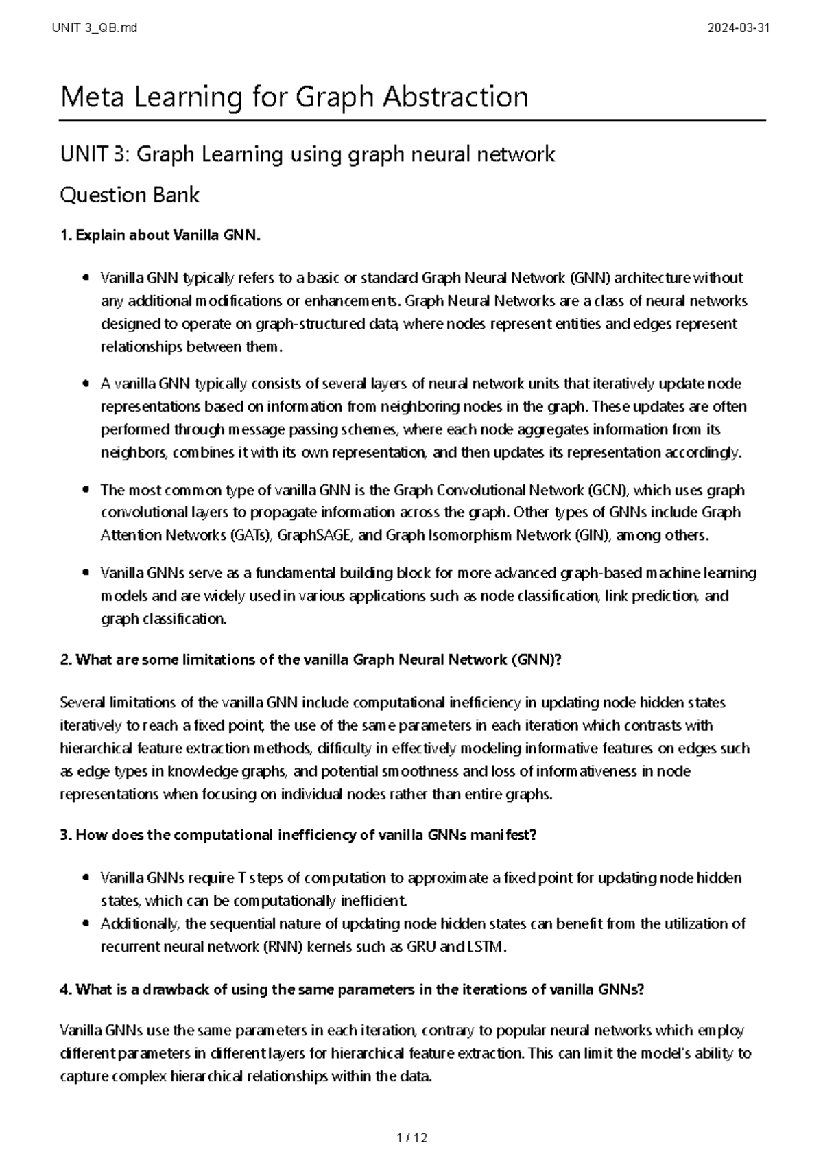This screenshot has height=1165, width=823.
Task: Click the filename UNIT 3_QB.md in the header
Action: (94, 28)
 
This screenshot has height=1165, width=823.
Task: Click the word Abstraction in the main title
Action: (455, 97)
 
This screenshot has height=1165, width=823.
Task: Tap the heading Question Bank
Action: (130, 196)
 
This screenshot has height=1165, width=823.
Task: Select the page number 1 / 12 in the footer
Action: (411, 1138)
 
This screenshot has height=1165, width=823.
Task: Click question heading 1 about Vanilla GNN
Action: (161, 235)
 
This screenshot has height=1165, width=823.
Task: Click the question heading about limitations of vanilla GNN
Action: (311, 660)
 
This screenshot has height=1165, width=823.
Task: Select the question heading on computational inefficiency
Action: (298, 835)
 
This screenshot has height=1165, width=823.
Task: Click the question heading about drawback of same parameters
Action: (353, 989)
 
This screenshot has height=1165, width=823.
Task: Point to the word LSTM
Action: (486, 947)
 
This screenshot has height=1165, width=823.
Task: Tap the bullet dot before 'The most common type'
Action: (85, 490)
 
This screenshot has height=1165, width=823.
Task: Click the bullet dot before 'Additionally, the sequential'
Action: (85, 924)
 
